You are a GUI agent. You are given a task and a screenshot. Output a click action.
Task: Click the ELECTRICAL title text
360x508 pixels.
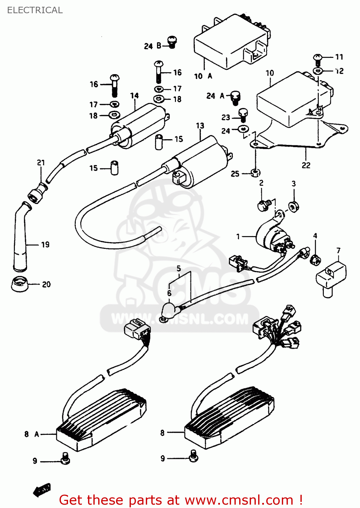[35, 10]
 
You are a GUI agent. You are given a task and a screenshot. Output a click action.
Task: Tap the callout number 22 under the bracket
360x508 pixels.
[306, 165]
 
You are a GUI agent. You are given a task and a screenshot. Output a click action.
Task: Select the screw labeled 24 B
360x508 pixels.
[172, 42]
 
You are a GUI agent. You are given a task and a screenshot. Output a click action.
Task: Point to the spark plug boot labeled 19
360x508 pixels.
[20, 237]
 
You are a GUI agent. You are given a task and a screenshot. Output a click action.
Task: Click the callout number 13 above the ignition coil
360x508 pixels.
[200, 126]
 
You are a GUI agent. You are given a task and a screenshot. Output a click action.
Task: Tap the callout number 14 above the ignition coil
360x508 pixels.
[134, 96]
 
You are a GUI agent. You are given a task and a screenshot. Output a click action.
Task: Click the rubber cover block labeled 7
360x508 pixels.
[331, 276]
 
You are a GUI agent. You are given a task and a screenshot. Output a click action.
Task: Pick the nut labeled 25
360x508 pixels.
[255, 173]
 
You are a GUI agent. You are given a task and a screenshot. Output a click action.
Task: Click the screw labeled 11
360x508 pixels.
[318, 60]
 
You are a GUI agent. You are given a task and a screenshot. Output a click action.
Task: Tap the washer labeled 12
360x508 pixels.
[318, 71]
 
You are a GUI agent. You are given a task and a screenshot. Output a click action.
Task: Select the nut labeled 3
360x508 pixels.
[293, 206]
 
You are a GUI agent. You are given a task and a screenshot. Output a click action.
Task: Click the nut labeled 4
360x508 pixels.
[315, 260]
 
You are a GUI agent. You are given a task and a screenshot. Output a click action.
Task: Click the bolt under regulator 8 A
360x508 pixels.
[65, 458]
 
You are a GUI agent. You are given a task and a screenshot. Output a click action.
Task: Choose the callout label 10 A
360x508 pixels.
[203, 76]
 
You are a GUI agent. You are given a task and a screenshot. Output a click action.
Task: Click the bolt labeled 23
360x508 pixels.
[243, 115]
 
